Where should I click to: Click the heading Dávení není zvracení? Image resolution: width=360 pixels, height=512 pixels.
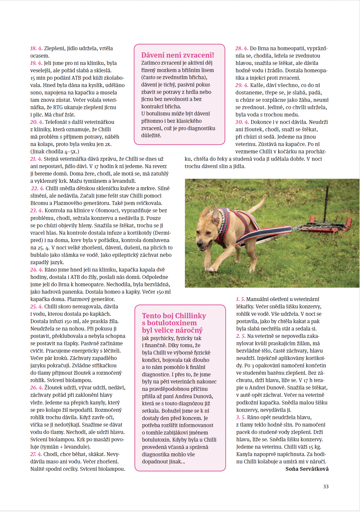177,55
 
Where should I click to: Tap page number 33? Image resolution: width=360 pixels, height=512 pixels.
326,486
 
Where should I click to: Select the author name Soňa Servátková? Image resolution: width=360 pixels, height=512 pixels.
307,469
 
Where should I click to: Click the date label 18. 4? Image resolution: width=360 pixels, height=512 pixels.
36,48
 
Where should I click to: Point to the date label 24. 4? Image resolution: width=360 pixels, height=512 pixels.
37,270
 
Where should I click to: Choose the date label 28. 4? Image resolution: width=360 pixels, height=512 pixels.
242,48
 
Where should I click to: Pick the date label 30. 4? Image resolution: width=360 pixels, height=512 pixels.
242,122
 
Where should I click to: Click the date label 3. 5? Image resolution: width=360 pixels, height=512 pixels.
241,417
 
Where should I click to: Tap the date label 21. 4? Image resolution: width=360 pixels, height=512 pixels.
36,159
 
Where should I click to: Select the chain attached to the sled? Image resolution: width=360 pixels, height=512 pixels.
303,228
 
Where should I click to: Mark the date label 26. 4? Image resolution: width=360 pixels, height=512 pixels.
37,388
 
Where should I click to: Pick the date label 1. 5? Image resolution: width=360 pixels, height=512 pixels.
240,299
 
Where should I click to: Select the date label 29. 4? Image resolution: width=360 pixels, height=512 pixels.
242,85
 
